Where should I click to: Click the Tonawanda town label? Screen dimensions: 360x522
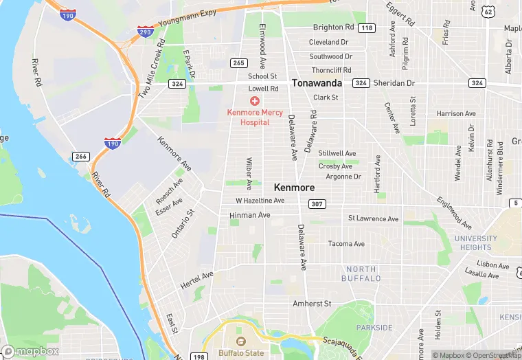[317, 82]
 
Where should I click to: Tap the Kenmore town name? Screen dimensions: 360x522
[294, 187]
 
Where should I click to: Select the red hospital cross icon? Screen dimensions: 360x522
[255, 101]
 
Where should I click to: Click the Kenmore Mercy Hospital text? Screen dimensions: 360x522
[255, 117]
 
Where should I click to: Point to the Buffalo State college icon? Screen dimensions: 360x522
[240, 341]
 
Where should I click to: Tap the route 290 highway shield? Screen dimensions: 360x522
[145, 32]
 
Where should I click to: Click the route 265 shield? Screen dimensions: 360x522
[238, 63]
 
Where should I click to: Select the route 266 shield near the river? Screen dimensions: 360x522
[81, 157]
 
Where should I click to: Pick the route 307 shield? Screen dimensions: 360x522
[317, 204]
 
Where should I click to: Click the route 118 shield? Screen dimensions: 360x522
[367, 28]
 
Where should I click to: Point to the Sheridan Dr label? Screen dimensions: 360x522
[394, 82]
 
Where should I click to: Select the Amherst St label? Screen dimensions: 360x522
[312, 303]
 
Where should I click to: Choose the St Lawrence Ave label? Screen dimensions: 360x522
[373, 218]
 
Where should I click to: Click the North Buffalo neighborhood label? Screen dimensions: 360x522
[361, 273]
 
